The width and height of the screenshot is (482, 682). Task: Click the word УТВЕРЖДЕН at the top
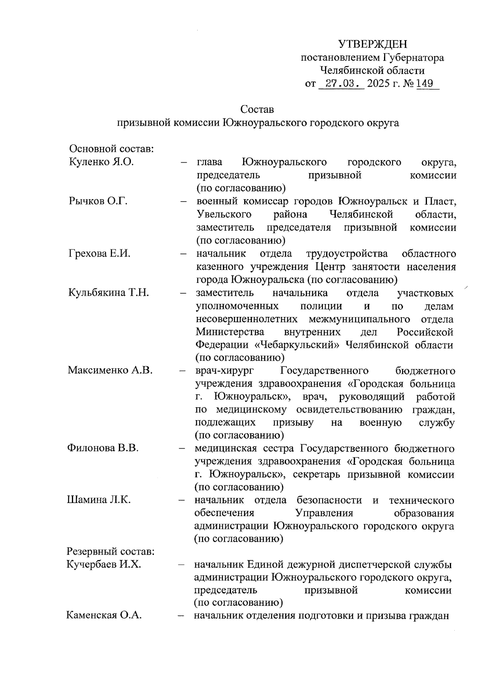373,44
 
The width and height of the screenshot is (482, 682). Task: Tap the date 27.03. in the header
340,84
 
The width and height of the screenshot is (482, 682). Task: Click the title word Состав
257,109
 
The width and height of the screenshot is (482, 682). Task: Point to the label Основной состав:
112,149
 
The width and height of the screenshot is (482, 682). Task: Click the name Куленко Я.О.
101,162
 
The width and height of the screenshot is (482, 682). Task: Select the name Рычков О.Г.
98,201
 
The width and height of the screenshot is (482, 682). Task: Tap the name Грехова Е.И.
100,253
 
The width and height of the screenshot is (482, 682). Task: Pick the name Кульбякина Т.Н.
109,292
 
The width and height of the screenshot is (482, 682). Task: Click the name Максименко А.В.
110,370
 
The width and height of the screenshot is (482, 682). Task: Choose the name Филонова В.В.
103,448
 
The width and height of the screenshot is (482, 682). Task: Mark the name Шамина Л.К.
99,500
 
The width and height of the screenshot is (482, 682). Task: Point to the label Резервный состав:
111,551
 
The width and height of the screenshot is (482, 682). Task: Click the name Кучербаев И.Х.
104,565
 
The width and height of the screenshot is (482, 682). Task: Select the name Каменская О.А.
104,615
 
